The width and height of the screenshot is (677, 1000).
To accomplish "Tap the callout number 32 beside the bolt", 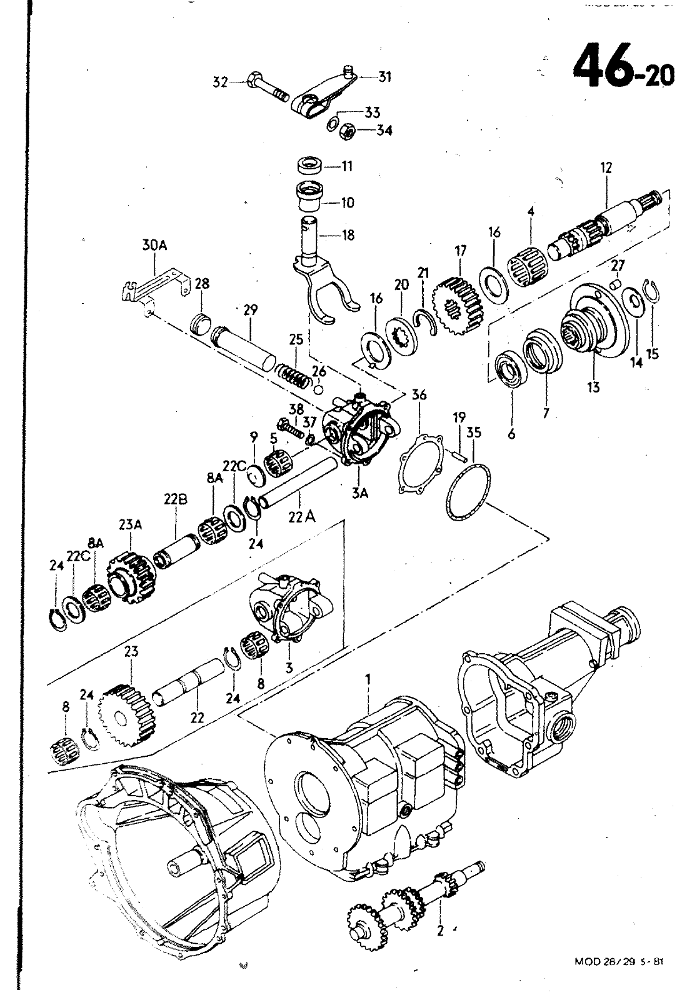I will click(219, 82).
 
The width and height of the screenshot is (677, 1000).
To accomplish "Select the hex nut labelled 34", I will click(346, 131).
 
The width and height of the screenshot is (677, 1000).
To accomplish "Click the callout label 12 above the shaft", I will click(606, 167).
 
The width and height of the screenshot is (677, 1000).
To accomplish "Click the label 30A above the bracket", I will click(154, 246).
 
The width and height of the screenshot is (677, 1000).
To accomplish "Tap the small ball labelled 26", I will click(319, 389).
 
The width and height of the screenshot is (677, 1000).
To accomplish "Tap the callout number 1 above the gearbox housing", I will click(368, 679).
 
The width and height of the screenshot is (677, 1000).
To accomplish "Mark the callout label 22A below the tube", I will click(298, 516).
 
